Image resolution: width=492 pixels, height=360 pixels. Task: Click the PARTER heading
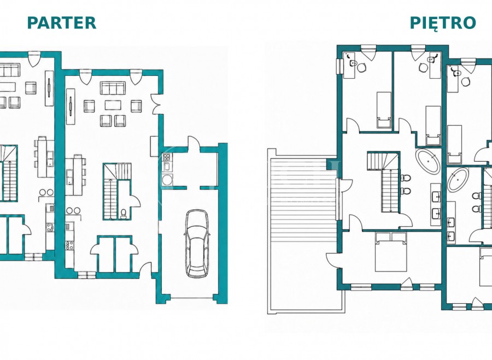[x=61, y=23]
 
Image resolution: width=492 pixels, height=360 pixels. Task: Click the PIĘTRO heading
[x=443, y=23]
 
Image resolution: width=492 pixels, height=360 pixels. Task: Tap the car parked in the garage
[x=196, y=243]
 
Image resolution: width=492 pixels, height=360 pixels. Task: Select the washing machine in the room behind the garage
[x=167, y=180]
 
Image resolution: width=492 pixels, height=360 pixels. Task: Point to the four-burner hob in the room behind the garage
[x=167, y=157]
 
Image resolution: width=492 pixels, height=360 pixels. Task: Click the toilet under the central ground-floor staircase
[x=124, y=213]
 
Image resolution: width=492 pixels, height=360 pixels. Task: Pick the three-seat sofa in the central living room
[x=113, y=88]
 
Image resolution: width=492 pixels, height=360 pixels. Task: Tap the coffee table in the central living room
[x=113, y=105]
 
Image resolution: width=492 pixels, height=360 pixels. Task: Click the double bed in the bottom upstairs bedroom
[x=391, y=251]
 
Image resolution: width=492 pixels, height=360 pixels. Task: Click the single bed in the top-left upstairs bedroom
[x=384, y=110]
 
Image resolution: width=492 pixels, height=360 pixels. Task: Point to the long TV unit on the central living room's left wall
[x=71, y=106]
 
